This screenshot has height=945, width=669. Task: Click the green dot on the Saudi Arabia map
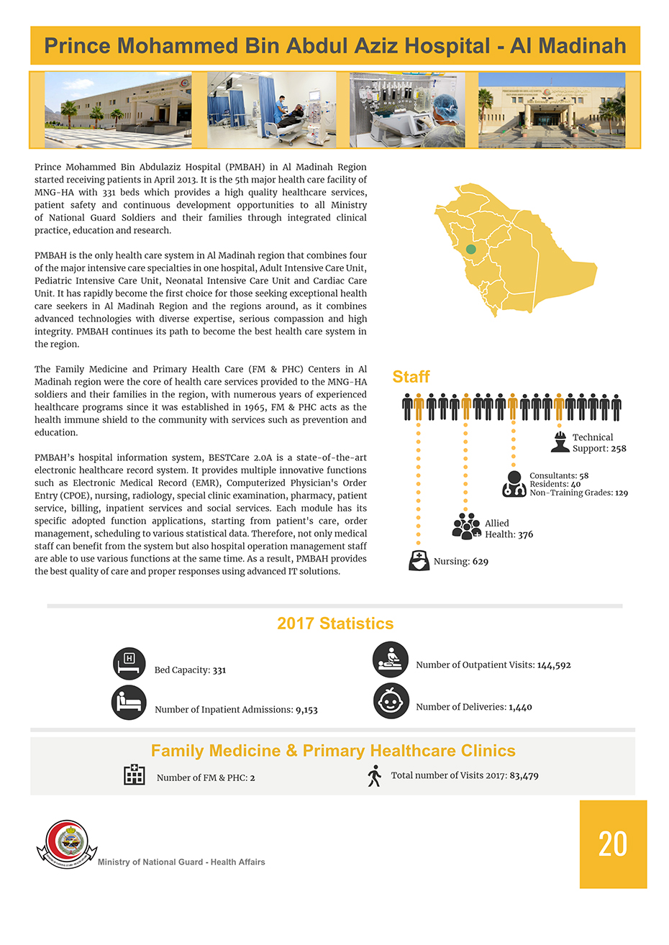pos(471,249)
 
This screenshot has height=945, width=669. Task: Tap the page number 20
pos(613,844)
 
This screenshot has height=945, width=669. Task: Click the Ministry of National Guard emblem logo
pos(66,844)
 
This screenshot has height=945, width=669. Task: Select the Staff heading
pos(411,377)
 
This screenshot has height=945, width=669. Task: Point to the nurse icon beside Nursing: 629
pos(419,560)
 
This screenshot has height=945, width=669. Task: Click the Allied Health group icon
pos(467,526)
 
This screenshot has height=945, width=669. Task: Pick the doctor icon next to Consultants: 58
pos(514,484)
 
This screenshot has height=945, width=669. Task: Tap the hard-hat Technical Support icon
pos(560,442)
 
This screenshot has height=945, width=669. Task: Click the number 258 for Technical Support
pos(619,448)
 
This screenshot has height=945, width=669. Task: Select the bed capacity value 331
pos(219,670)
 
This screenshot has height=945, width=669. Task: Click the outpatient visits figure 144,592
pos(554,665)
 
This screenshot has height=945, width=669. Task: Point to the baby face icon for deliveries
pos(391,701)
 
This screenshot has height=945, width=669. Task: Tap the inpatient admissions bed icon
pos(129,703)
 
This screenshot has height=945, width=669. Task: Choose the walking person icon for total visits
pos(374,776)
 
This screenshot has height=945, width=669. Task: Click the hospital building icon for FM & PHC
pos(135,775)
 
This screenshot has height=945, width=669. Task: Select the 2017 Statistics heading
pos(335,624)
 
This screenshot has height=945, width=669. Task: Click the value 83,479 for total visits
pos(524,776)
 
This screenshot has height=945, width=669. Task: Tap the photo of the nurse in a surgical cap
pos(407,110)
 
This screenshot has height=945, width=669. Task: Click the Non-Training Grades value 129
pos(622,493)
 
